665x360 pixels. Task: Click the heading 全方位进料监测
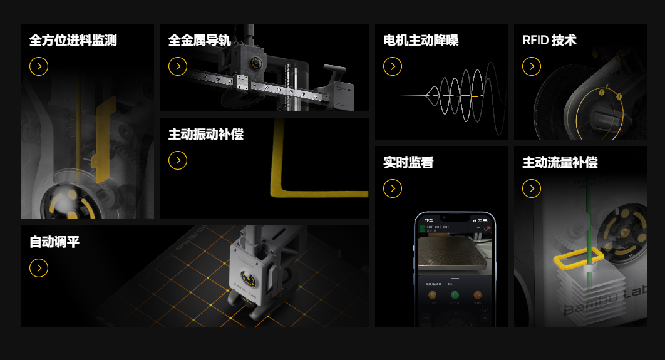[x=73, y=41]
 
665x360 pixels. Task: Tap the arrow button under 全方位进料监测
[x=39, y=66]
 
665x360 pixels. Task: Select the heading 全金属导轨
[x=199, y=41]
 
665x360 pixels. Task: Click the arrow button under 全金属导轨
[x=178, y=66]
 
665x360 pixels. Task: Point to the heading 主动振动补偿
[x=205, y=135]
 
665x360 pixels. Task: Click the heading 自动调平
[x=54, y=242]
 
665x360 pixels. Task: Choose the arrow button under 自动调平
[x=39, y=268]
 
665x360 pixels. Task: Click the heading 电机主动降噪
[x=421, y=41]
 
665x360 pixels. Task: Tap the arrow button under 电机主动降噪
[x=393, y=66]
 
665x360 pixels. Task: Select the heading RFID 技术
[x=549, y=41]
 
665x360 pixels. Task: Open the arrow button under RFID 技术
[x=532, y=66]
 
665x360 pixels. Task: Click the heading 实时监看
[x=408, y=163]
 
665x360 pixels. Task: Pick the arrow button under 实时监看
[x=393, y=188]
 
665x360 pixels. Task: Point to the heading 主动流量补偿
[x=560, y=163]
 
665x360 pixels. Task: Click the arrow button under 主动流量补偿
[x=532, y=188]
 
